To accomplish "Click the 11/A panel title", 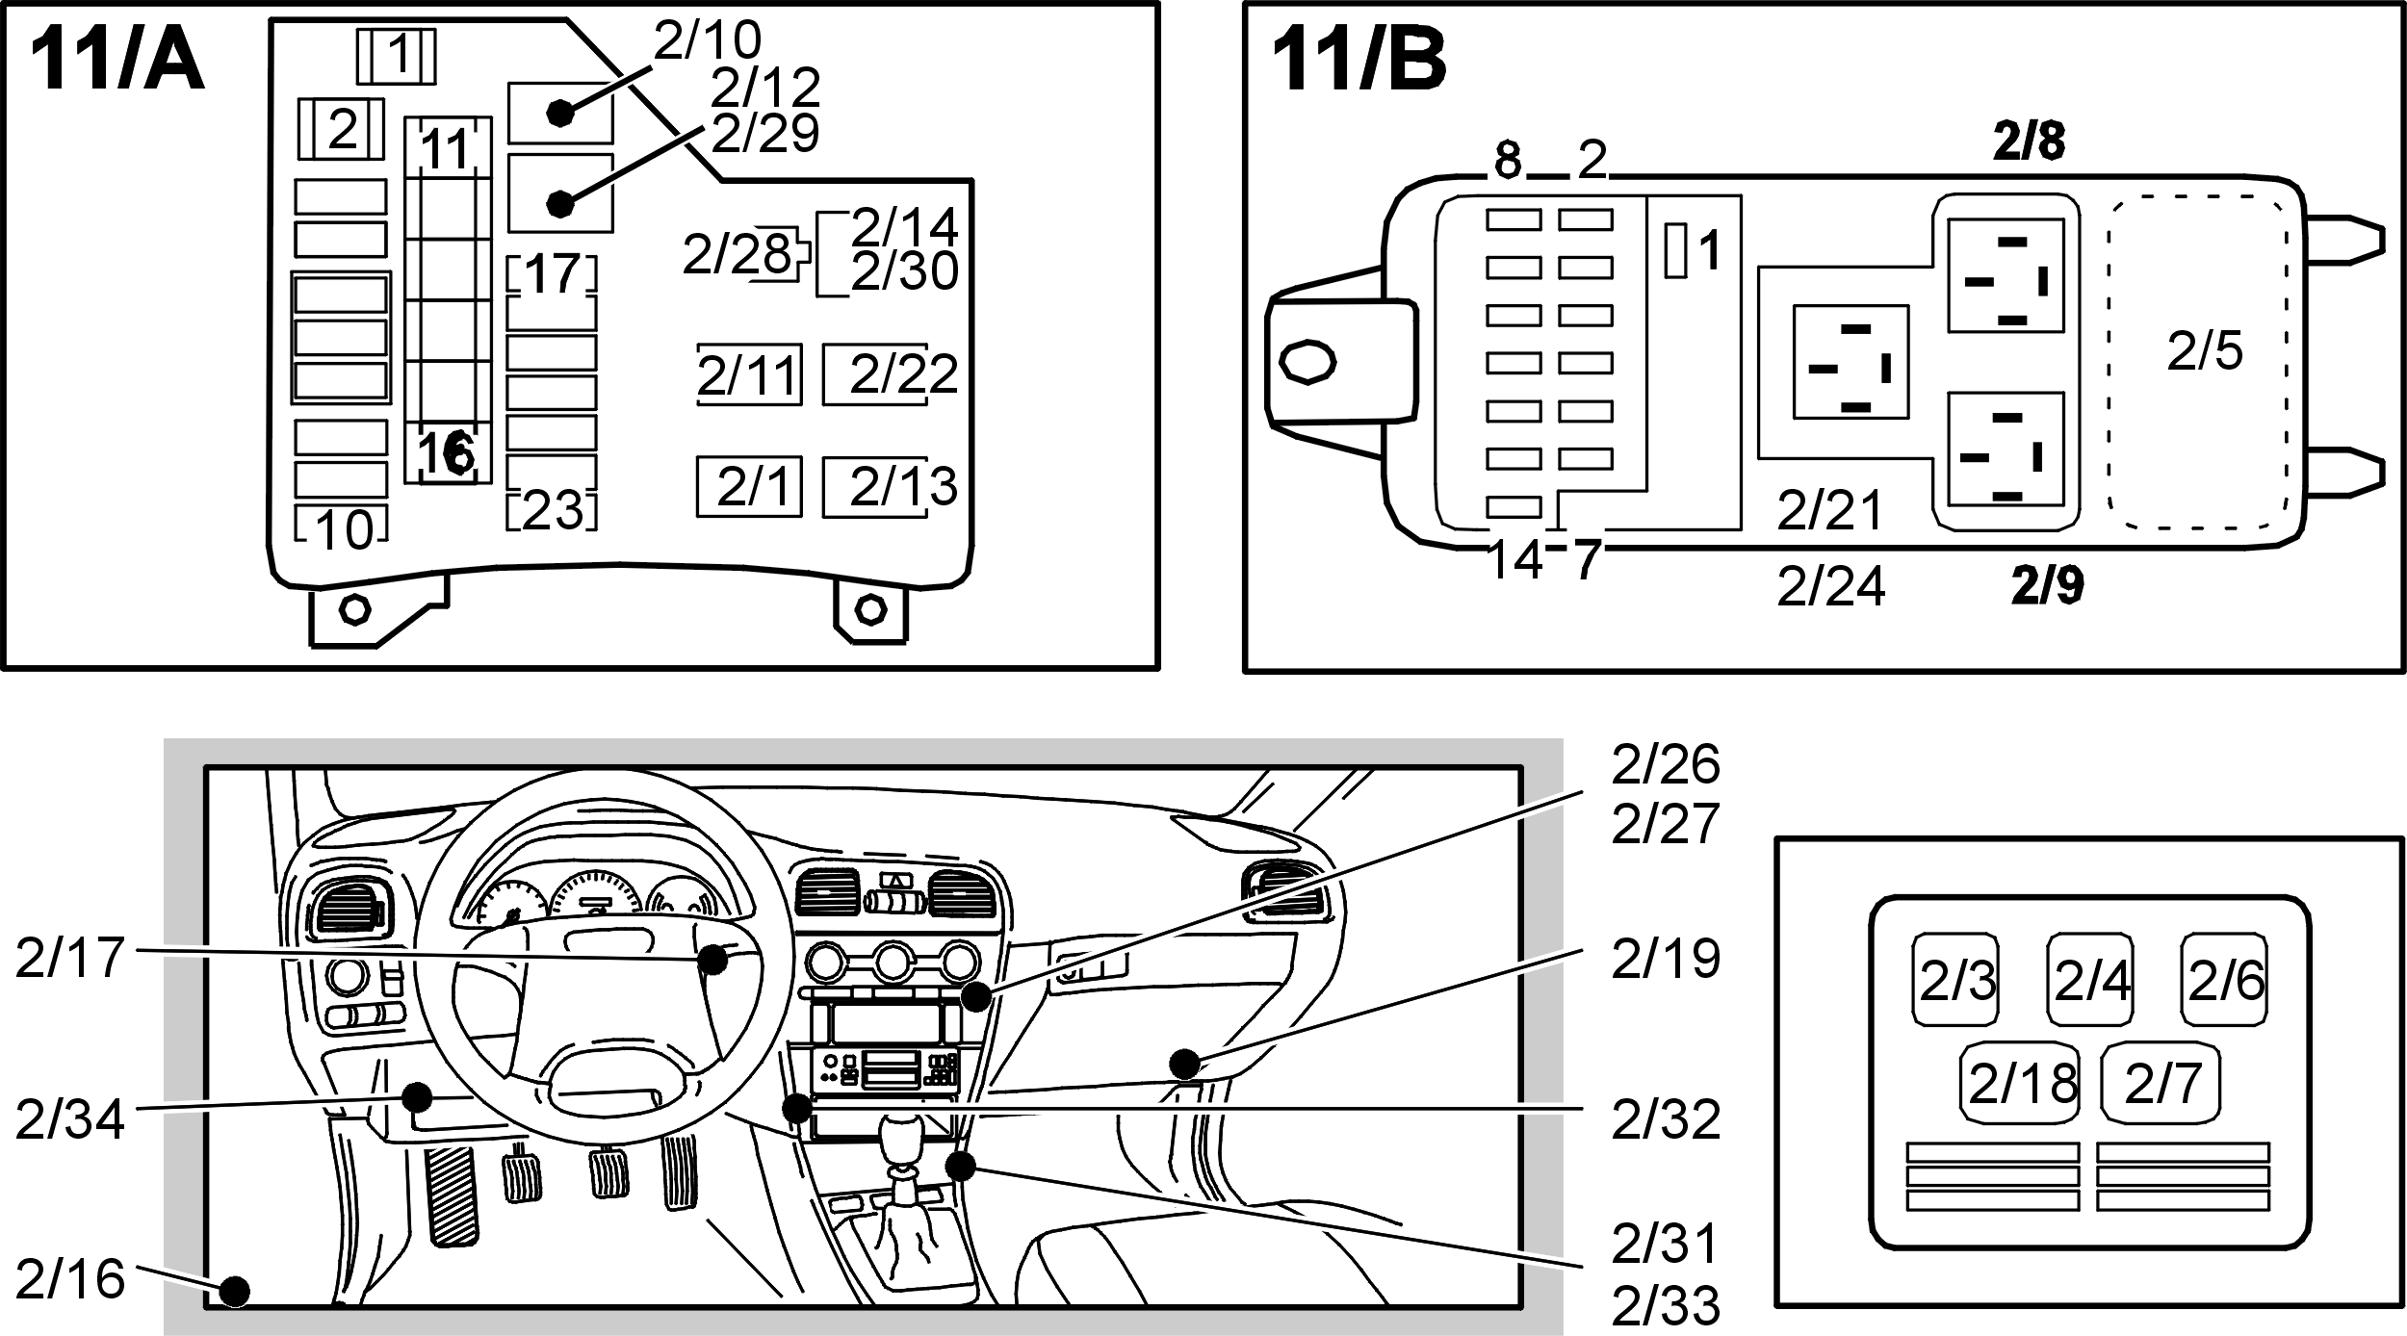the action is [x=116, y=61].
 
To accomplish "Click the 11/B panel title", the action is [x=1359, y=61].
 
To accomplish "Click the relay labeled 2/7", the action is [x=2161, y=1084].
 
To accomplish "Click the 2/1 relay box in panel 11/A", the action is [x=749, y=486].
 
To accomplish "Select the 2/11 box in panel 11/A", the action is [x=749, y=374].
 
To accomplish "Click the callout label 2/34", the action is [x=70, y=1119].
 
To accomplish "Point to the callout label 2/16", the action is [x=70, y=1279].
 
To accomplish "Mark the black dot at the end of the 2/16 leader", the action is [x=235, y=1290].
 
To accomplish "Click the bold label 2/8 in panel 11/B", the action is [x=2029, y=142].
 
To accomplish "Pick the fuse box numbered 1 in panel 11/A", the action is [x=397, y=57].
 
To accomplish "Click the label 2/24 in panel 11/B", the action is [x=1830, y=585].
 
